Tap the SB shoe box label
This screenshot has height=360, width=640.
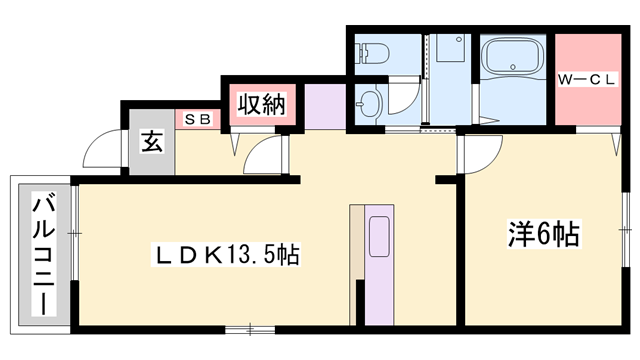196,118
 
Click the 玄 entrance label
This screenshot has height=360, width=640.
151,141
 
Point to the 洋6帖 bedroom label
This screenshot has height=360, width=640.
542,236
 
